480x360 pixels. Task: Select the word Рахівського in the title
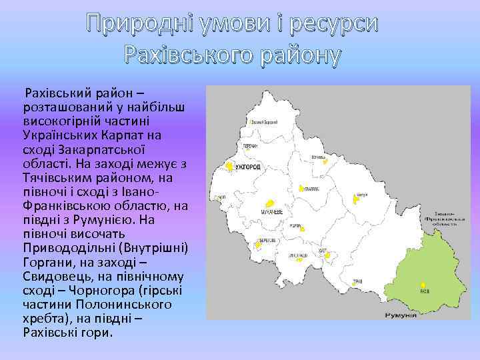tap(187, 55)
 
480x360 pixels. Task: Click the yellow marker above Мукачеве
tap(269, 203)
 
